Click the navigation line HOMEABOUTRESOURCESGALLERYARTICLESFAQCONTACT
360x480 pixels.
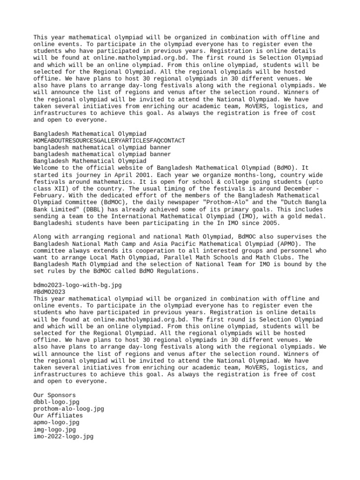point(109,140)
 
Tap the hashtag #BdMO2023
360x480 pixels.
point(50,292)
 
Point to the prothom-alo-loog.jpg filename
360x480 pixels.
point(69,409)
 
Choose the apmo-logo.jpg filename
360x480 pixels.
point(57,422)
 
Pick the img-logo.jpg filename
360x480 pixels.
point(55,429)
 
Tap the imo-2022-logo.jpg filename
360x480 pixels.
point(64,436)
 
